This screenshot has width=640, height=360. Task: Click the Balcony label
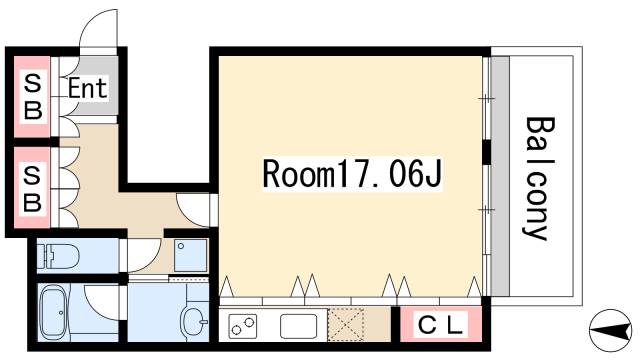[x=538, y=180]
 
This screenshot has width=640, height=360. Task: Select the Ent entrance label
[x=88, y=88]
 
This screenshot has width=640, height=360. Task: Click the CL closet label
[x=440, y=325]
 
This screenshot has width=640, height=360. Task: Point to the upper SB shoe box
[x=33, y=95]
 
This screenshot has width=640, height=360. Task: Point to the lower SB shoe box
[x=33, y=189]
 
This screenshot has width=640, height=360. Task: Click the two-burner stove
[x=244, y=326]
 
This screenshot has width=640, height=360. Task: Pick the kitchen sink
[x=298, y=326]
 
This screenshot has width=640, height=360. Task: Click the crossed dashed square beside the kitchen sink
[x=347, y=325]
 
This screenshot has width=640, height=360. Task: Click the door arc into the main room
[x=196, y=207]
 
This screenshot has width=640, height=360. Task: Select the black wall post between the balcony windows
[x=486, y=153]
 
